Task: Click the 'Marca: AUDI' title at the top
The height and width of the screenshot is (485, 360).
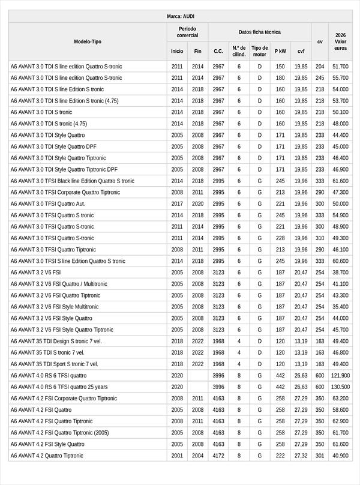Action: (x=180, y=16)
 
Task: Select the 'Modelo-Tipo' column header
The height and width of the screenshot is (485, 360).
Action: (x=88, y=41)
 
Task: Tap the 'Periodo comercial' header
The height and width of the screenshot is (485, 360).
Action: (x=187, y=32)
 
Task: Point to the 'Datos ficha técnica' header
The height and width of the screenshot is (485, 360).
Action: (x=259, y=32)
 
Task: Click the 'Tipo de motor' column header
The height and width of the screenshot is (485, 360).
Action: (x=259, y=51)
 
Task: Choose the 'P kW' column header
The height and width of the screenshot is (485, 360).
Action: (x=280, y=52)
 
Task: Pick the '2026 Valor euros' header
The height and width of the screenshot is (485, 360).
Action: (x=340, y=41)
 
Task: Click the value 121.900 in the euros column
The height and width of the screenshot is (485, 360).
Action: (x=340, y=376)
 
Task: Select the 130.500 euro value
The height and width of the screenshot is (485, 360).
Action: (x=340, y=387)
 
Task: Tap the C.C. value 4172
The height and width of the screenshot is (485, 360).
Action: (x=218, y=456)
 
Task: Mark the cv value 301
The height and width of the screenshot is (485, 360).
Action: (x=320, y=456)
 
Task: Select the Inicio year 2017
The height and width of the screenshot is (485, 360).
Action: (x=177, y=204)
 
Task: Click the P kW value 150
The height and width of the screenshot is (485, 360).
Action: (x=280, y=67)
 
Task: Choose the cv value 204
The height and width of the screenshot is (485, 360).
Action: (x=320, y=67)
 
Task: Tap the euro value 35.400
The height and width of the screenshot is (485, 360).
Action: (x=340, y=307)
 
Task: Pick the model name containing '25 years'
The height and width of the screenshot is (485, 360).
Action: (x=59, y=387)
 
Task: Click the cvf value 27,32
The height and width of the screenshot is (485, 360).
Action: (x=301, y=456)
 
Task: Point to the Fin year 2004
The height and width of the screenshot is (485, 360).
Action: (x=197, y=456)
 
